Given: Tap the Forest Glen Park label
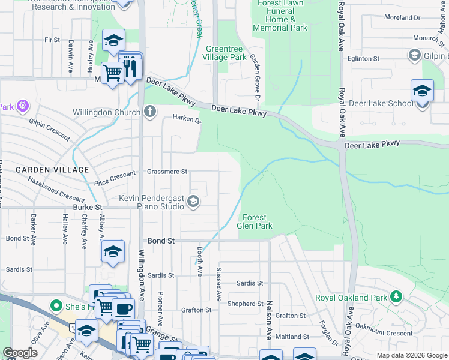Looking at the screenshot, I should [x=255, y=221].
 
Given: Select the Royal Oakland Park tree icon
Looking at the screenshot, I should [x=395, y=296].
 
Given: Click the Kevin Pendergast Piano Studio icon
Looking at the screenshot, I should [x=193, y=202].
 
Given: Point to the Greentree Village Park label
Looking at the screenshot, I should [x=226, y=53].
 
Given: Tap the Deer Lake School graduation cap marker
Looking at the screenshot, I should [x=422, y=91].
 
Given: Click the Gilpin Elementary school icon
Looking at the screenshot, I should [x=414, y=56].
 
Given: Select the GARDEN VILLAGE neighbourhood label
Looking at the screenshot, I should [x=52, y=170].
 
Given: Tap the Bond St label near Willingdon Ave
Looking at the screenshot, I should [x=161, y=241].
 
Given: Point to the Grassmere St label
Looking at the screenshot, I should [x=168, y=172].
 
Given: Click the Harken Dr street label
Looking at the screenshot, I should [x=187, y=119].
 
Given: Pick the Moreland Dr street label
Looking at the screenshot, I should [x=402, y=18].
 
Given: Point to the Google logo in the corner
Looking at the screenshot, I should [x=20, y=353].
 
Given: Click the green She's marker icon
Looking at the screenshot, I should [x=56, y=306].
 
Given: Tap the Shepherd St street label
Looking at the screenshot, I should [x=246, y=304].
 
